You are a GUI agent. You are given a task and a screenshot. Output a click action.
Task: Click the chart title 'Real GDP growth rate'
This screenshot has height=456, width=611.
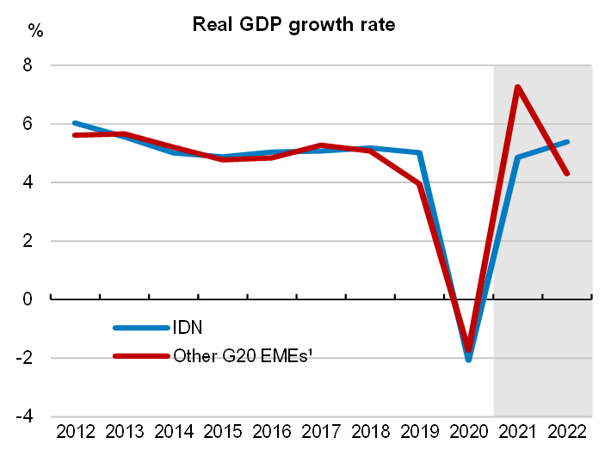pos(293,24)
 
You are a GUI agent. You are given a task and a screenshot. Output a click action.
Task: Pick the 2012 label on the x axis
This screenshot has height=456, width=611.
pos(75,433)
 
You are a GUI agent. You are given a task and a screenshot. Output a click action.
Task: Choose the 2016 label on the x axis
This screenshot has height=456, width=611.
pos(271,433)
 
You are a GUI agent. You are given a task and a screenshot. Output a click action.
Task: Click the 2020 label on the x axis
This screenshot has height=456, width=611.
pos(468,433)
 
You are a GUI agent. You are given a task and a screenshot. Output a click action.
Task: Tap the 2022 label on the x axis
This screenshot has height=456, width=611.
pos(566,433)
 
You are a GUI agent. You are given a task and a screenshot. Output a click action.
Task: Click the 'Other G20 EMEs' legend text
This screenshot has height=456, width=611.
pos(241,354)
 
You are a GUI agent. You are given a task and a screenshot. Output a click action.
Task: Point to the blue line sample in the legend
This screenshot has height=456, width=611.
pos(140,328)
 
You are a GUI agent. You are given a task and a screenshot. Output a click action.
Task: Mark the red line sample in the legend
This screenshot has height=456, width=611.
pos(140,355)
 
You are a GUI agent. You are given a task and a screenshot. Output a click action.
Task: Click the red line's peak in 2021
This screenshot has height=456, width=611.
pos(517,87)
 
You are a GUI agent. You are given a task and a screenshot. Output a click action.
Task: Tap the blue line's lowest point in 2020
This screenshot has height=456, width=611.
pos(468,360)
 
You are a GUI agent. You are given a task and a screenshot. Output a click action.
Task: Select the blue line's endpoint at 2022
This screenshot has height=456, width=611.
pos(567,142)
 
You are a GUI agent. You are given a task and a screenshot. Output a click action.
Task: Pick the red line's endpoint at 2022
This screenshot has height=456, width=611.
pos(567,173)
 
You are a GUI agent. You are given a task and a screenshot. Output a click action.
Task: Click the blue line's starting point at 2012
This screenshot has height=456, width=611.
pos(75,123)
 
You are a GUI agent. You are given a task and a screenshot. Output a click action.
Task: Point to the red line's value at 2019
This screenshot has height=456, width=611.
pos(419,184)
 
